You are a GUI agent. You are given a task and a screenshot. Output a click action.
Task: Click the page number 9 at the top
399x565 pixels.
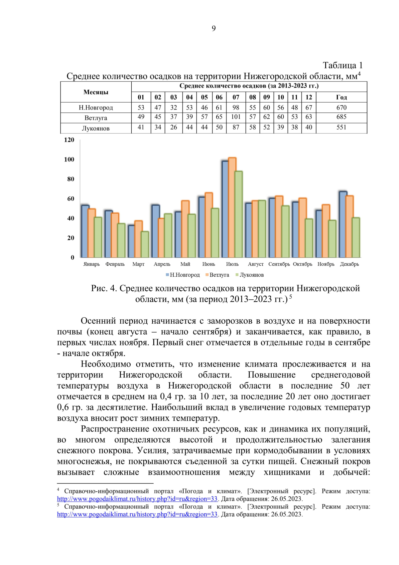[x=213, y=29]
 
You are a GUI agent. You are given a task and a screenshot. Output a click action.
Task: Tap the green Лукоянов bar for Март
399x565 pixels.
[x=145, y=245]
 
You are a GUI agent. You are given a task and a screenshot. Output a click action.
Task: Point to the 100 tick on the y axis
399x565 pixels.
[x=69, y=159]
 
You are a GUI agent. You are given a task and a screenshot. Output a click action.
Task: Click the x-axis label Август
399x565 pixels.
[x=256, y=264]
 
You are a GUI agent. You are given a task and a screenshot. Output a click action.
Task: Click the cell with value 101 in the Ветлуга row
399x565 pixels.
[x=236, y=117]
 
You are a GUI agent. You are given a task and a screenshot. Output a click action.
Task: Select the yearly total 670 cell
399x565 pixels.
[x=341, y=108]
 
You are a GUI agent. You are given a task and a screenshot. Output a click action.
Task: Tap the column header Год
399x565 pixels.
[x=341, y=97]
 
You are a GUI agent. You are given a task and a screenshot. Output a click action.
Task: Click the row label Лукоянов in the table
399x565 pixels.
[x=96, y=129]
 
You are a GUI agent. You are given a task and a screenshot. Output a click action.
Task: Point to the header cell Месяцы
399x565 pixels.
[x=96, y=92]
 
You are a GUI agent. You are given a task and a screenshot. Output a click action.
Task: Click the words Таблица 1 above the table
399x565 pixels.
[x=342, y=65]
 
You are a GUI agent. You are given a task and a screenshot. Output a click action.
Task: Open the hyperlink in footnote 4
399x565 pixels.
[x=137, y=499]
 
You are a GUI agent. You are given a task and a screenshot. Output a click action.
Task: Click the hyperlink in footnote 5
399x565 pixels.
[x=137, y=514]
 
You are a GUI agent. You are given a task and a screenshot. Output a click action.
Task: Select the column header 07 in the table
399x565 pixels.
[x=236, y=97]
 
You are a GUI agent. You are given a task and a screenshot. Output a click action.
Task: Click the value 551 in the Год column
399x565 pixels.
[x=341, y=128]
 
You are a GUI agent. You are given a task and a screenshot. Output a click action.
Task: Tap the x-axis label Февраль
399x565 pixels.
[x=115, y=264]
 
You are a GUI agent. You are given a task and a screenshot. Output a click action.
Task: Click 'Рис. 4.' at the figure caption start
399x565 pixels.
[x=104, y=288]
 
